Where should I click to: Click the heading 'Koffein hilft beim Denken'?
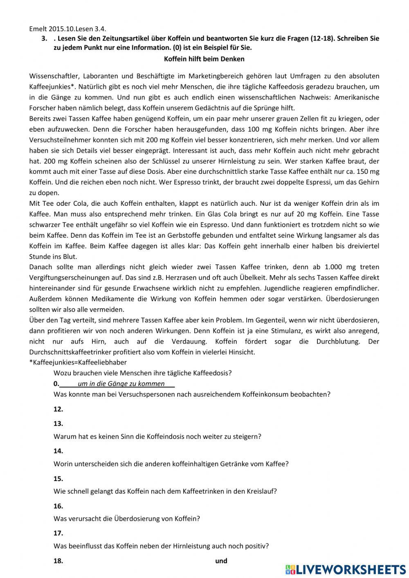tap(204, 59)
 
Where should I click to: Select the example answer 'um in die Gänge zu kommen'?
tap(121, 384)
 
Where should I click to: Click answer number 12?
tap(58, 409)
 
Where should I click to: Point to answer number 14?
tap(58, 451)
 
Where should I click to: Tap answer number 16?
tap(58, 506)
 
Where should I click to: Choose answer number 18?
tap(58, 561)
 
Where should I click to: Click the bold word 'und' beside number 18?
tap(221, 561)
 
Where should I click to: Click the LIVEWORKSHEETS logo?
tap(346, 569)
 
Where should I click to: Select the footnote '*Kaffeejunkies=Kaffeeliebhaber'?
tap(78, 362)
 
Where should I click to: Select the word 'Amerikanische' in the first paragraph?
tap(358, 97)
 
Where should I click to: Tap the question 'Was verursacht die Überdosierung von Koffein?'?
tap(127, 519)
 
